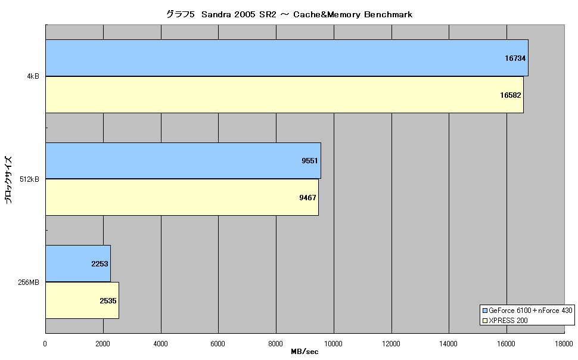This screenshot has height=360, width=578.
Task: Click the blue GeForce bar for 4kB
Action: (x=287, y=58)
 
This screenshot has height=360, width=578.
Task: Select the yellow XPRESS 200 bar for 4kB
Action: (x=285, y=95)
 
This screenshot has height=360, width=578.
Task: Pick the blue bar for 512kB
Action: (x=183, y=161)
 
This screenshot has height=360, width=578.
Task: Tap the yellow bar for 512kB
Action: (x=182, y=197)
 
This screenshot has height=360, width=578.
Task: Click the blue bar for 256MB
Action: (x=78, y=263)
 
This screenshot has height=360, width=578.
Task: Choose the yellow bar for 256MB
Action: (x=82, y=300)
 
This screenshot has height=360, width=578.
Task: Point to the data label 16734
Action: (x=515, y=58)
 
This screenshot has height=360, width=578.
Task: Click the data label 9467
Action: (x=307, y=198)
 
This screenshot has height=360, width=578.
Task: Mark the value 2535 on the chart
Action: (x=108, y=301)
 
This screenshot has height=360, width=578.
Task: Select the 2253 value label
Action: (x=100, y=263)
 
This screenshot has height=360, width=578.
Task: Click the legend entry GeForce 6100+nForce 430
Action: (x=527, y=311)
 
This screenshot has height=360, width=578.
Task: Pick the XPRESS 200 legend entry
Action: (x=505, y=321)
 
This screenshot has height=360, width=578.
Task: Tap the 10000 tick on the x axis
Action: (x=333, y=344)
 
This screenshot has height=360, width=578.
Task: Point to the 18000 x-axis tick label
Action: (x=564, y=344)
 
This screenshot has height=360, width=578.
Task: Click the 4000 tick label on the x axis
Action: (x=160, y=344)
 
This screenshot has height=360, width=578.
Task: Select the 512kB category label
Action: (x=29, y=179)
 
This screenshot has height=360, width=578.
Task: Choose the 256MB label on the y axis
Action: (x=29, y=283)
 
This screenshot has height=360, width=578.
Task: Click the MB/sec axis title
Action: (x=304, y=352)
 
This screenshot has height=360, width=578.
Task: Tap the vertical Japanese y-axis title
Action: (x=8, y=179)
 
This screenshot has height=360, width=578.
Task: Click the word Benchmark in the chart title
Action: (x=388, y=14)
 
